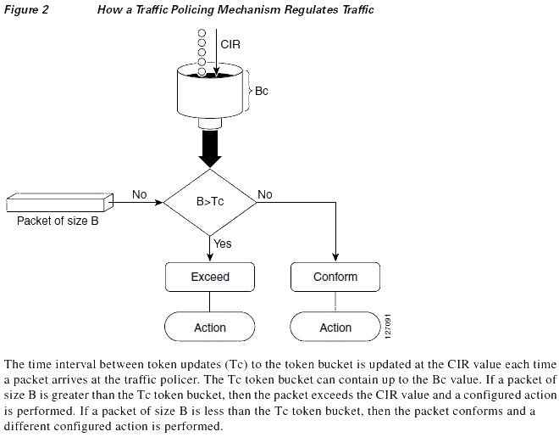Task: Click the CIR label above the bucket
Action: [230, 44]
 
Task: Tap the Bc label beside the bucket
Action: [262, 91]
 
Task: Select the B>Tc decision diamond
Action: [210, 202]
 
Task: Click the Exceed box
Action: [210, 277]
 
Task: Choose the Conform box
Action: [335, 277]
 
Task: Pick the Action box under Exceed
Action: [210, 327]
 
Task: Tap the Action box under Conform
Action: [335, 327]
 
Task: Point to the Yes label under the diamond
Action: [223, 244]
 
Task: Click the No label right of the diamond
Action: [265, 194]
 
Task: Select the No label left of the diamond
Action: [140, 194]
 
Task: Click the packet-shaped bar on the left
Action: [60, 203]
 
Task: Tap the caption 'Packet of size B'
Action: [58, 221]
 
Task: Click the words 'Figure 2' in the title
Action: [26, 9]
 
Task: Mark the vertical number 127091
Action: [388, 327]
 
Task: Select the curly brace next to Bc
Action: [249, 91]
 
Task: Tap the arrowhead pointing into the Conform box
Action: [335, 257]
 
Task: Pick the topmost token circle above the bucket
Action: [202, 33]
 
